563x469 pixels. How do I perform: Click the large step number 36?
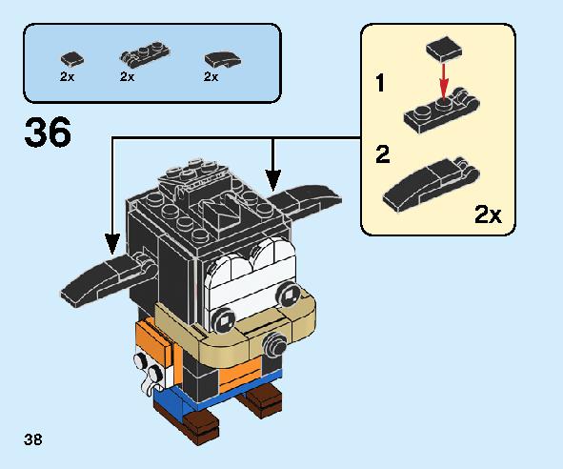[48, 132]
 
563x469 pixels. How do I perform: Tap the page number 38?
[33, 439]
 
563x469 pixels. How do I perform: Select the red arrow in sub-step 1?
[444, 82]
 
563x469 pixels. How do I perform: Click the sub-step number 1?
[380, 83]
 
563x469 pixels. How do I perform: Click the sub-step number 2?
[383, 154]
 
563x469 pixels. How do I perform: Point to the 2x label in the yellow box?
[488, 214]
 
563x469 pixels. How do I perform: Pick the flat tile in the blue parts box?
[72, 59]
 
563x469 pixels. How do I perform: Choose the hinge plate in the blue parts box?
[145, 55]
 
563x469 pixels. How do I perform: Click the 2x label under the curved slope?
[211, 76]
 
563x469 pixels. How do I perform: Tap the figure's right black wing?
[305, 199]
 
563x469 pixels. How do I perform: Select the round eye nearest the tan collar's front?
[223, 319]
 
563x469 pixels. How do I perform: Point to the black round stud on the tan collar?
[274, 344]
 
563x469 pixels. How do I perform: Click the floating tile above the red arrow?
[444, 50]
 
